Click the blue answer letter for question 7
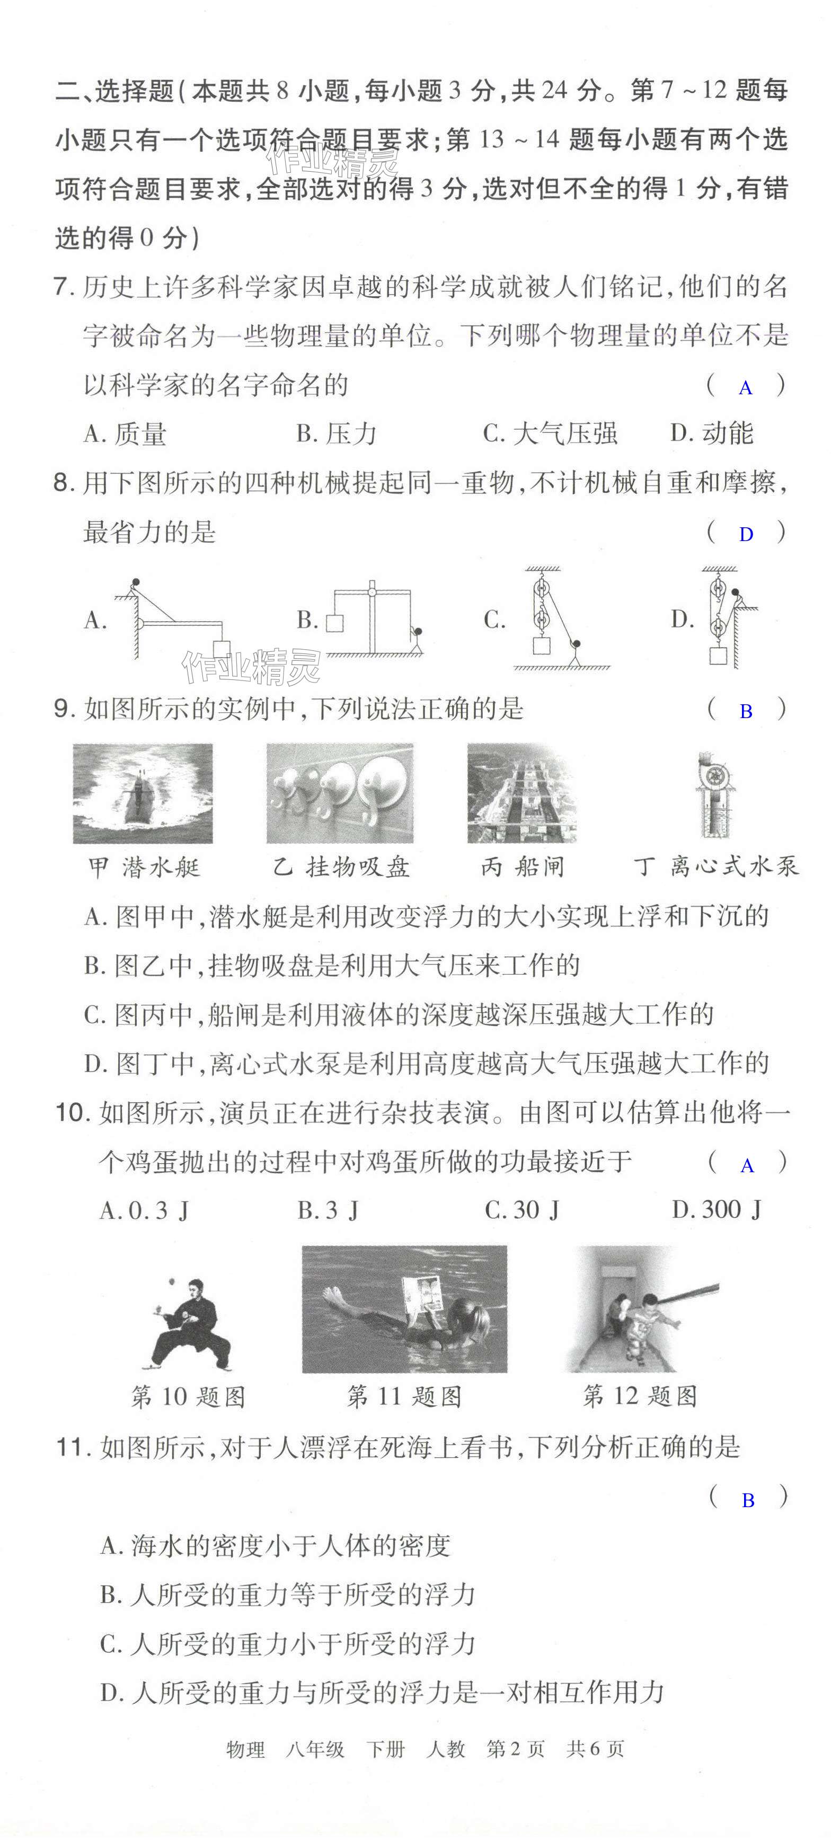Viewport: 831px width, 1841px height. point(745,388)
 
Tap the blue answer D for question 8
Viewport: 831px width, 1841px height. point(745,535)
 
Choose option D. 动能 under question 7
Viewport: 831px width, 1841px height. point(712,432)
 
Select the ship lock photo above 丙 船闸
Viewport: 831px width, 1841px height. point(521,793)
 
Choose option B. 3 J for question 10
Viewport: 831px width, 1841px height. point(327,1210)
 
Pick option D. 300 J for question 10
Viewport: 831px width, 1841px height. point(717,1209)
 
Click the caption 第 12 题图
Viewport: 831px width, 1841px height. point(640,1396)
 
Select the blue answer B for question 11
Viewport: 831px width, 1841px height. point(747,1501)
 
